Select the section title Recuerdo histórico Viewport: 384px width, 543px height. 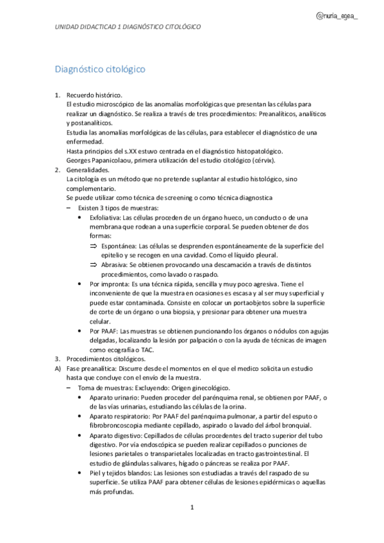94,95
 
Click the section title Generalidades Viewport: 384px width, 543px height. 88,170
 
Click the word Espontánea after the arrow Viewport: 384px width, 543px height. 119,245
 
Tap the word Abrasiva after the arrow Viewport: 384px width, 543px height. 115,264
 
